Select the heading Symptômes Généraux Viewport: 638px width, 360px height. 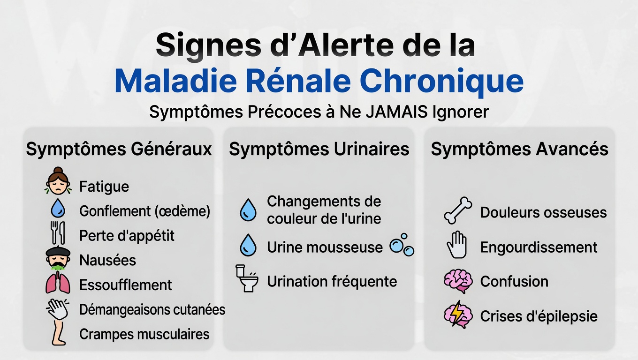click(x=119, y=150)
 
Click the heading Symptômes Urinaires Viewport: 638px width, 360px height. click(x=319, y=150)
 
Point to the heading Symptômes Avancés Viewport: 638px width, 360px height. click(x=519, y=150)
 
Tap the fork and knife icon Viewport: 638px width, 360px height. click(x=58, y=233)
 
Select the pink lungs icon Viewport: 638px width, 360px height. click(x=58, y=284)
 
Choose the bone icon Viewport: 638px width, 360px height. click(x=458, y=211)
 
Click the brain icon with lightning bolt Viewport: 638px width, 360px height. click(x=457, y=315)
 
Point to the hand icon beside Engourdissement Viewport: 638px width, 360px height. click(x=457, y=245)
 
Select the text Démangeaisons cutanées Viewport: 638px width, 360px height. click(x=152, y=310)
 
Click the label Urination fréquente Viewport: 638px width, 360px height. click(x=332, y=282)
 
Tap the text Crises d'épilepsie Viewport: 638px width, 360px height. click(x=539, y=316)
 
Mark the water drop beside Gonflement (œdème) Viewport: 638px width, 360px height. click(x=58, y=208)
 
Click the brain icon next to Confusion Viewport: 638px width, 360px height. click(x=457, y=281)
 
